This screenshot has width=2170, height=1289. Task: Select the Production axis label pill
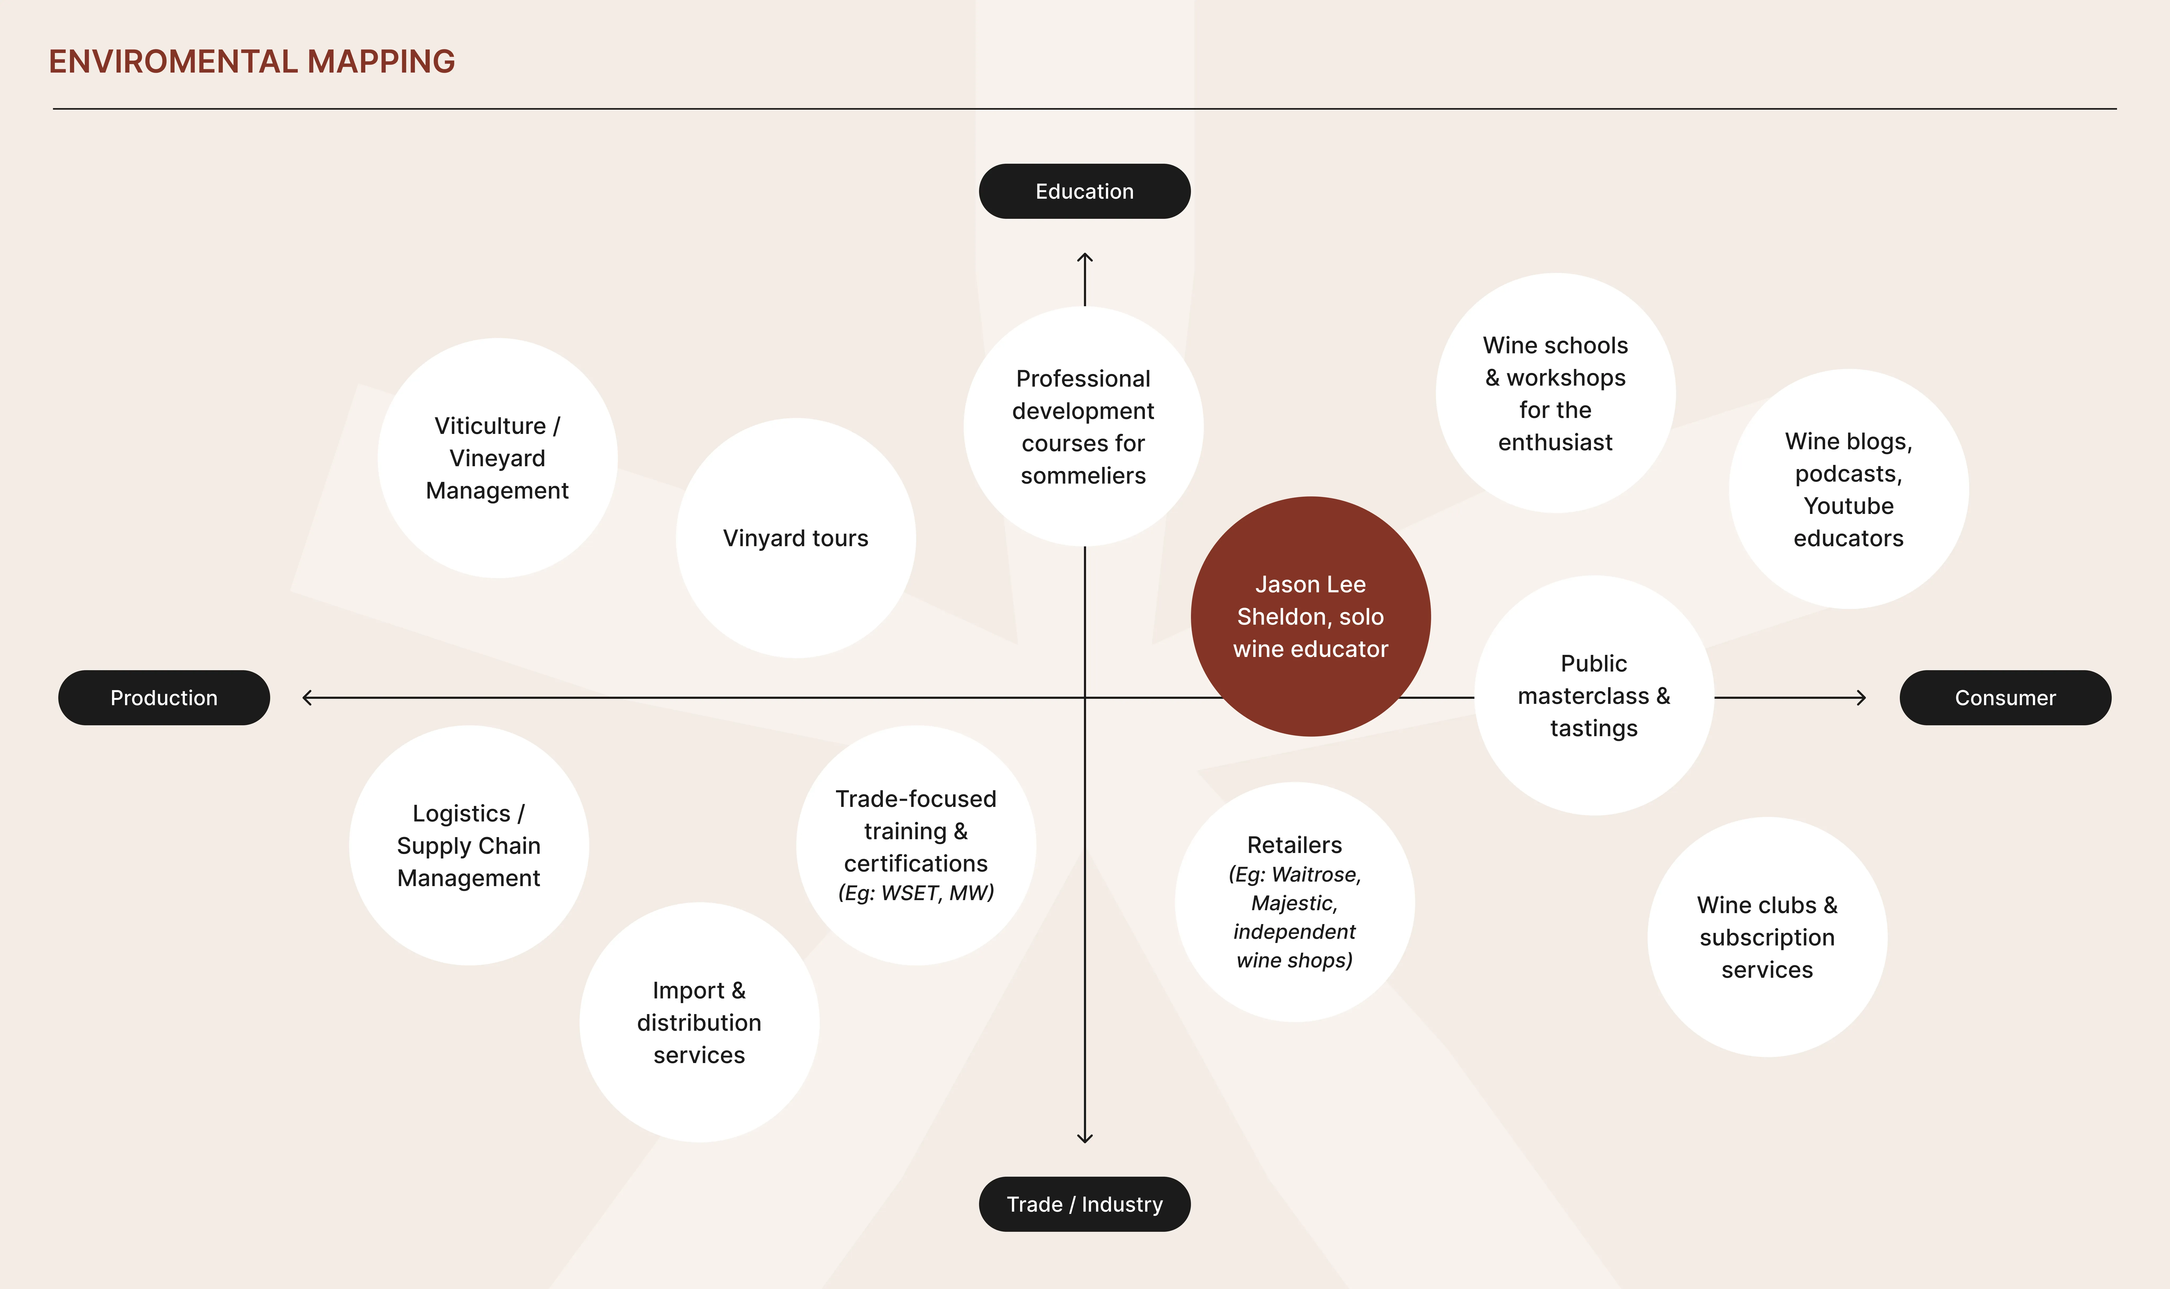[x=164, y=697]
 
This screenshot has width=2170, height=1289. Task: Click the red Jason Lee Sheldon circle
[x=1310, y=617]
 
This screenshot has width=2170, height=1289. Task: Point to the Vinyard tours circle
[x=795, y=539]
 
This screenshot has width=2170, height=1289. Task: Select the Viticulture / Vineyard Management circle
[x=497, y=458]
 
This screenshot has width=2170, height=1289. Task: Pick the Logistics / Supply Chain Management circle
[x=469, y=845]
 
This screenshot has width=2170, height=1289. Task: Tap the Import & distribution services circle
[x=699, y=1022]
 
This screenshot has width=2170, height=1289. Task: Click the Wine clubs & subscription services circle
[x=1767, y=937]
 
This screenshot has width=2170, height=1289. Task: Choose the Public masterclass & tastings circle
[x=1593, y=696]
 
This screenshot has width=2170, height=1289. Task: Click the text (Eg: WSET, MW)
[x=916, y=893]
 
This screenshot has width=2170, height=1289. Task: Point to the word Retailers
[x=1294, y=845]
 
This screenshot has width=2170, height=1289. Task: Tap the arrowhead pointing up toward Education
[x=1084, y=257]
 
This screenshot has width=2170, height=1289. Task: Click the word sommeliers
[x=1083, y=476]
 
